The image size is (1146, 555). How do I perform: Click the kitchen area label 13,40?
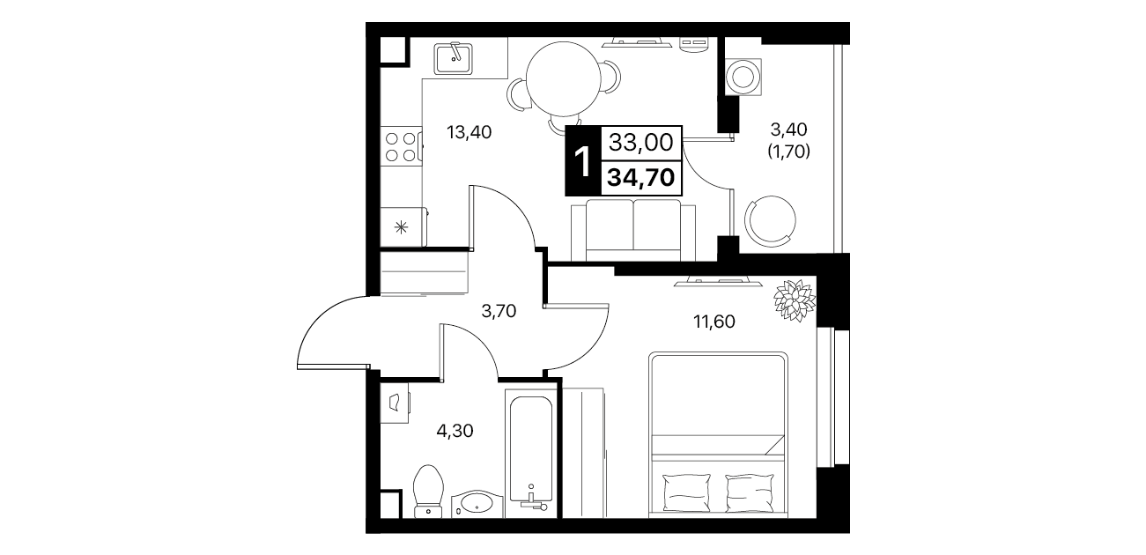pyautogui.click(x=469, y=132)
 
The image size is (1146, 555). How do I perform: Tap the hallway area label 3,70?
pyautogui.click(x=499, y=310)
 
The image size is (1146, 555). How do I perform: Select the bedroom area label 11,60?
pyautogui.click(x=713, y=322)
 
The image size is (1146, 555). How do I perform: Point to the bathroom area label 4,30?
pyautogui.click(x=455, y=431)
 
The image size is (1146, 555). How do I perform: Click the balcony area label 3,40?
pyautogui.click(x=789, y=129)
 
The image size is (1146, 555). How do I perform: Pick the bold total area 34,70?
pyautogui.click(x=640, y=177)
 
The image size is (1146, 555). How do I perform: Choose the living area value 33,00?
pyautogui.click(x=641, y=142)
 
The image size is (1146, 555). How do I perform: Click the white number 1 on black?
pyautogui.click(x=582, y=160)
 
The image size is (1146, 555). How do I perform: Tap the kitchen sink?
pyautogui.click(x=454, y=59)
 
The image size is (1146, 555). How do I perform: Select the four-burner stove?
pyautogui.click(x=401, y=146)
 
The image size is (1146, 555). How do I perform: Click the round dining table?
pyautogui.click(x=563, y=78)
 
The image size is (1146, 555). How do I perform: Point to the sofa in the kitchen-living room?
pyautogui.click(x=633, y=230)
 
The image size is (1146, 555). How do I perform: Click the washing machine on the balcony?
pyautogui.click(x=743, y=77)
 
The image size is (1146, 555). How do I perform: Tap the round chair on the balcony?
pyautogui.click(x=770, y=221)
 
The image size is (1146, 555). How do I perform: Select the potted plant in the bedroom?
pyautogui.click(x=795, y=300)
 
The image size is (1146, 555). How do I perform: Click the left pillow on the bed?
pyautogui.click(x=686, y=492)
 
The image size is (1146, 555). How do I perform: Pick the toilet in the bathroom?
pyautogui.click(x=428, y=491)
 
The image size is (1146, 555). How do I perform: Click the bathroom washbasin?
pyautogui.click(x=477, y=504)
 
